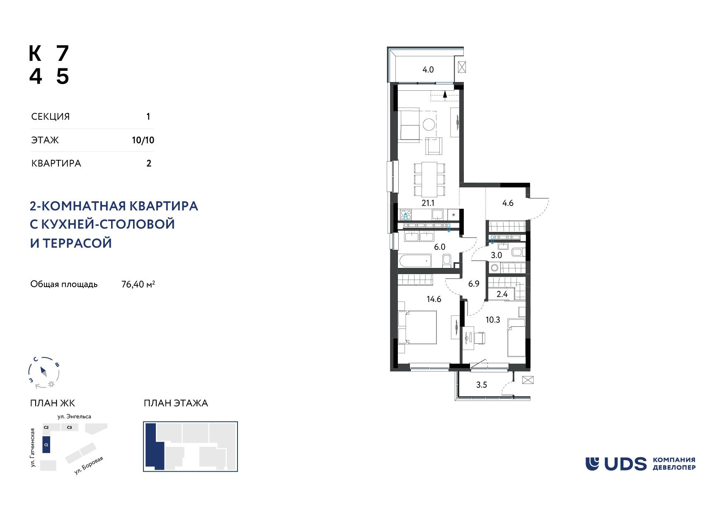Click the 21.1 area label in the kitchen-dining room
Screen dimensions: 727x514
pyautogui.click(x=428, y=203)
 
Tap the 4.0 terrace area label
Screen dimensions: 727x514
pyautogui.click(x=428, y=70)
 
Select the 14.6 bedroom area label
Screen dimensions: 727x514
pyautogui.click(x=434, y=299)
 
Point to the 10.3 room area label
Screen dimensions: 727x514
pyautogui.click(x=493, y=320)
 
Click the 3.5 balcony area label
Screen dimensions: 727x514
pyautogui.click(x=481, y=385)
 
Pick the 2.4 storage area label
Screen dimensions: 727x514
pyautogui.click(x=502, y=294)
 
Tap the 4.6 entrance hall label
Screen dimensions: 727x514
pyautogui.click(x=508, y=203)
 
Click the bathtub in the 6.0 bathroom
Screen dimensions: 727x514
pyautogui.click(x=414, y=261)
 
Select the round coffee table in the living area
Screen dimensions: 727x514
pyautogui.click(x=429, y=124)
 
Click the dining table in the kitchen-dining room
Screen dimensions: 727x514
pyautogui.click(x=429, y=179)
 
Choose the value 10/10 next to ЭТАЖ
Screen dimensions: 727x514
pyautogui.click(x=143, y=140)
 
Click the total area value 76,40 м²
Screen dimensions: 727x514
pyautogui.click(x=138, y=284)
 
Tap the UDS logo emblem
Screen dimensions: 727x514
pyautogui.click(x=592, y=464)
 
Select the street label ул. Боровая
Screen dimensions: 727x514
pyautogui.click(x=88, y=466)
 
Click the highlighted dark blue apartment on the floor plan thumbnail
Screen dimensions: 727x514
pyautogui.click(x=154, y=446)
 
